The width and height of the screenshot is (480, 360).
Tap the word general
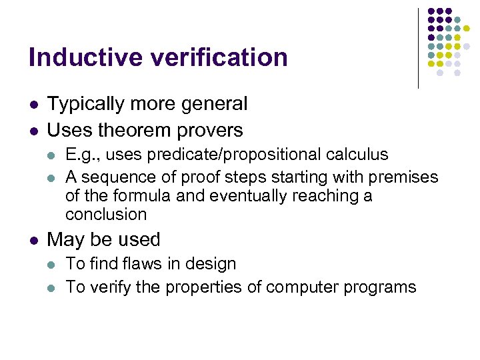[x=213, y=105]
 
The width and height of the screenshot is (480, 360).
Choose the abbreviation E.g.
[x=81, y=155]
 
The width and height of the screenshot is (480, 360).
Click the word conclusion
[x=106, y=215]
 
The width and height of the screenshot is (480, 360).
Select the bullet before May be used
[x=33, y=240]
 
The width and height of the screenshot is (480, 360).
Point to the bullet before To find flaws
[x=52, y=265]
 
